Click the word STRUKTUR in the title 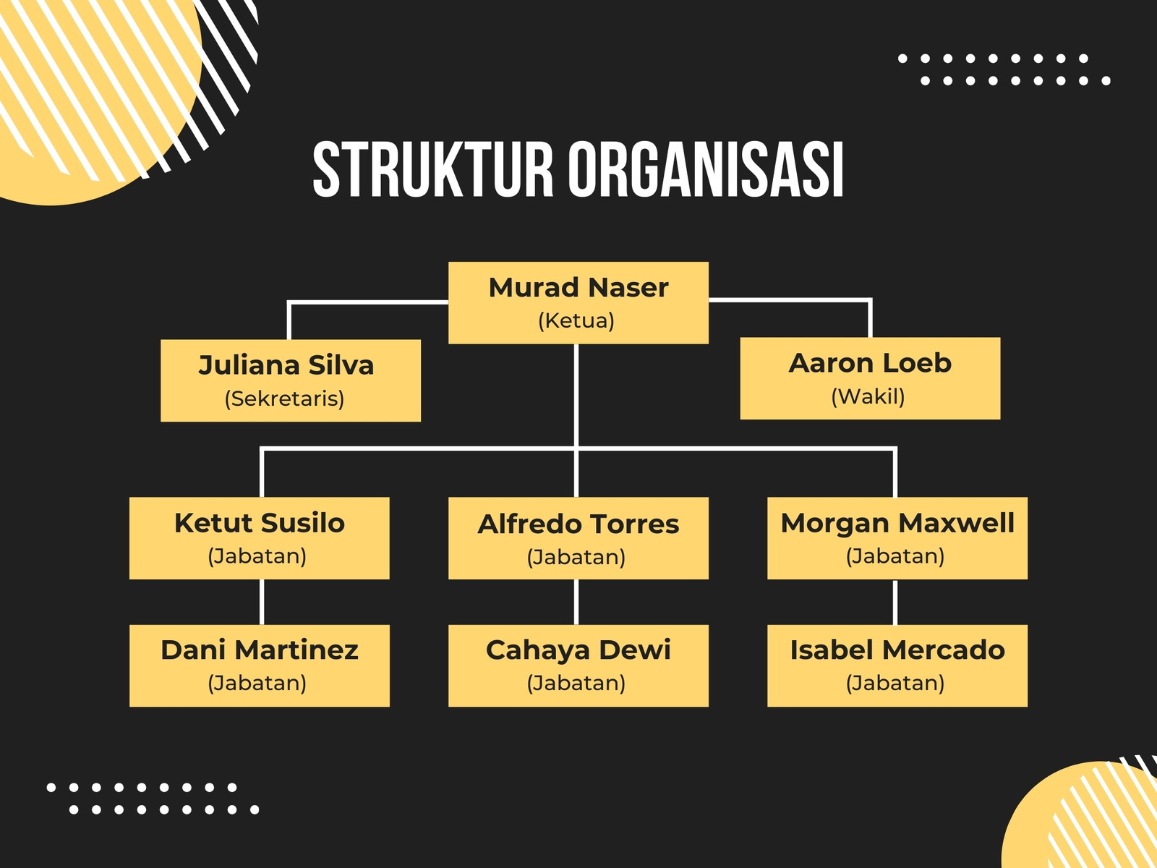click(x=432, y=170)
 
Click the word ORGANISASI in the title click(x=706, y=170)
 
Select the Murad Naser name click(x=578, y=288)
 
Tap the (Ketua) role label click(x=576, y=320)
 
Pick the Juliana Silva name click(x=286, y=365)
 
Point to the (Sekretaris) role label click(x=285, y=399)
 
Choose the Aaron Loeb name click(x=870, y=363)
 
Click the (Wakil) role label click(x=868, y=396)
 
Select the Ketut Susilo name click(x=260, y=523)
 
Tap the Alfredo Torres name click(x=578, y=524)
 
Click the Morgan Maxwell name click(x=897, y=523)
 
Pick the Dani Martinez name click(x=260, y=650)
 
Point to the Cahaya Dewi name click(x=578, y=650)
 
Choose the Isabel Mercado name click(x=897, y=650)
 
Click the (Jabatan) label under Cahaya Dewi click(x=576, y=683)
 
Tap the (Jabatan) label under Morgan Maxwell click(x=895, y=556)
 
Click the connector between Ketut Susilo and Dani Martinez click(x=262, y=602)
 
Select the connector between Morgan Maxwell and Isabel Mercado click(x=895, y=602)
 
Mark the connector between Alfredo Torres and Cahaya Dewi click(x=576, y=602)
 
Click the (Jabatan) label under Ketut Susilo click(x=257, y=556)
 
